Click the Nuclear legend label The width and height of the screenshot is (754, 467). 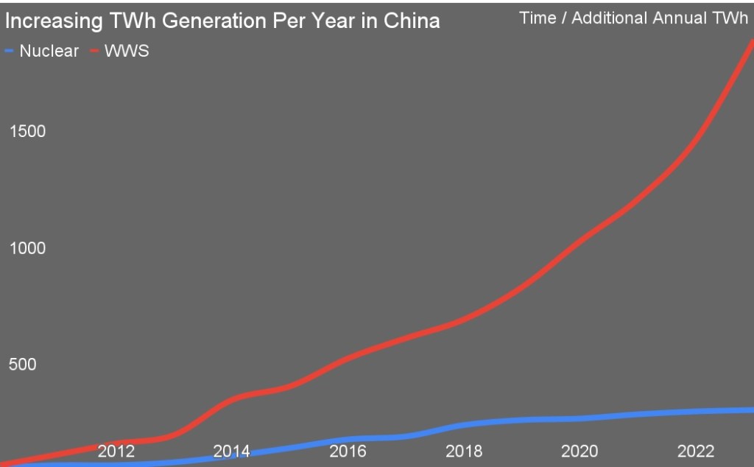point(49,52)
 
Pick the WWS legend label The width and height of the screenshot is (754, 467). point(127,52)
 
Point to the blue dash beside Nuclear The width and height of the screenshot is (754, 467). point(10,52)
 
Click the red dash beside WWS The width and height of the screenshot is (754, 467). point(94,52)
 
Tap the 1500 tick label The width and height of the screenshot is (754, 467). point(27,131)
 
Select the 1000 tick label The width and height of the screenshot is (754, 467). point(27,248)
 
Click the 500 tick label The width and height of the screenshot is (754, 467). point(22,365)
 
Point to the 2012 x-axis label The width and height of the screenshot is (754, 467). point(116,451)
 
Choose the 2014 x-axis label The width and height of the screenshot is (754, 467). point(232,451)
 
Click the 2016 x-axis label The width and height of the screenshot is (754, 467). point(348,451)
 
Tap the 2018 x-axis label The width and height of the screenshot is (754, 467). point(464,451)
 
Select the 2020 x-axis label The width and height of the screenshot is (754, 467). point(580,451)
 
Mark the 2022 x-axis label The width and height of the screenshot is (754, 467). point(696,451)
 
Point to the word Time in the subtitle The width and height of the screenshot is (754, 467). point(538,18)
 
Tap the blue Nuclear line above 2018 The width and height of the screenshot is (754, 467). point(464,425)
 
